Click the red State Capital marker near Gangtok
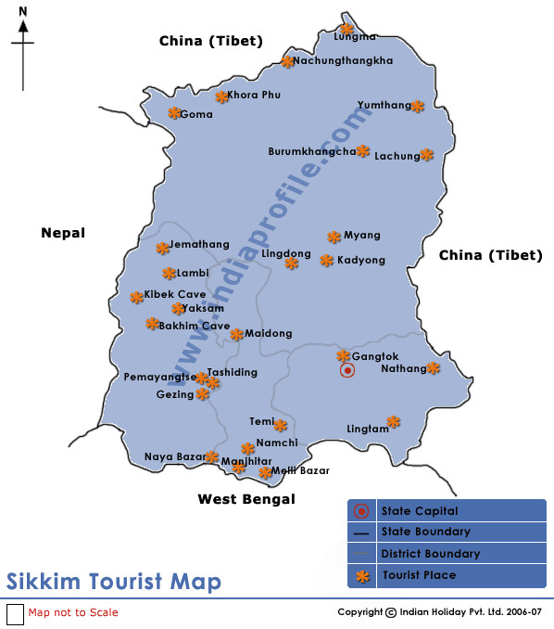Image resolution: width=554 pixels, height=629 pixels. point(347,370)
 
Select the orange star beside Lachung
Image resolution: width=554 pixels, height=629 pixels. point(426,155)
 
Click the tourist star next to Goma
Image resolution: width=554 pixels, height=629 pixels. point(174,113)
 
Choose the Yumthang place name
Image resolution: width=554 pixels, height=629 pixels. point(384,106)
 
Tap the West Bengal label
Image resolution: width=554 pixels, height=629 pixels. point(246,499)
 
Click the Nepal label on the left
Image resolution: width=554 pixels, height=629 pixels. point(63,233)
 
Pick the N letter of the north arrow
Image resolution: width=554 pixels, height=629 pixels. point(22,11)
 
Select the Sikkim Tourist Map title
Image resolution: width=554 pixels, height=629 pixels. point(114,582)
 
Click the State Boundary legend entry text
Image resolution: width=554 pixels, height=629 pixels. point(425,533)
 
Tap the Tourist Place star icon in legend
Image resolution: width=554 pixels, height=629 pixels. point(361,576)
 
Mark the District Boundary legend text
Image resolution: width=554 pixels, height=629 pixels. point(430,554)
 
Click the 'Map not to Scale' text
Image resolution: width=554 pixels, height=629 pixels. point(73,612)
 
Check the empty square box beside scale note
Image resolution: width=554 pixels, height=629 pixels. point(15,613)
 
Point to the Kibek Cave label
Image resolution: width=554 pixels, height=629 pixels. point(175,295)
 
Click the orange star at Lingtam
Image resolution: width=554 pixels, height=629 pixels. point(394,422)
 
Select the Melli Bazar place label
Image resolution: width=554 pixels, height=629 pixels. point(300,471)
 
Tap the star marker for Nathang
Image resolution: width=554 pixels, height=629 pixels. point(433,368)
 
